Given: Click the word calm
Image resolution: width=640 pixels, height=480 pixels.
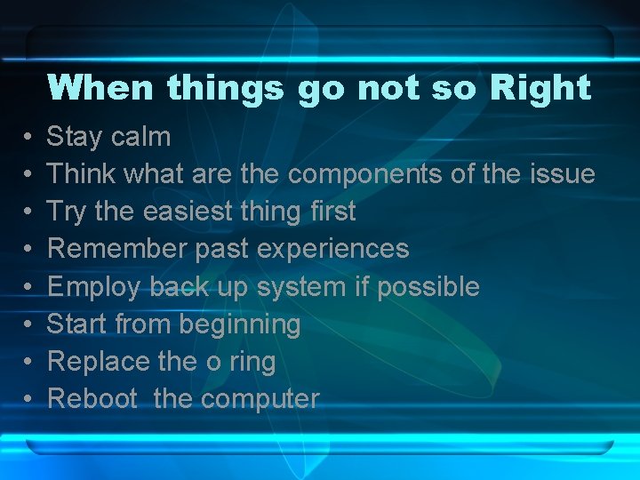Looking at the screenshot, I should pos(140,136).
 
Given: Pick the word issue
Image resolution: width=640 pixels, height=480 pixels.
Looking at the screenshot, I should pos(560,173).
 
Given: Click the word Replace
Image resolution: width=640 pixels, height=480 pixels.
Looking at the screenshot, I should pos(98,362).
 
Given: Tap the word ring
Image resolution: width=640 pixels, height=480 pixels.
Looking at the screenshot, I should pos(252,363).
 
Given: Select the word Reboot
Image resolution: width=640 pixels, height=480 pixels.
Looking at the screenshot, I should pos(92,399).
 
